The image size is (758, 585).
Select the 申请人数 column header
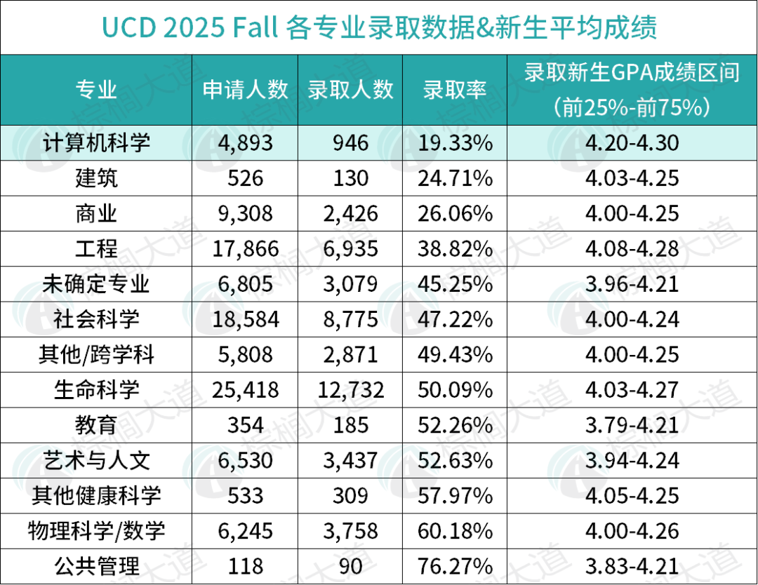click(245, 90)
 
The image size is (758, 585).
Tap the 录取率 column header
click(455, 90)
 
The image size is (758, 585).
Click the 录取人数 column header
click(350, 90)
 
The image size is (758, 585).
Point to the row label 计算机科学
click(96, 143)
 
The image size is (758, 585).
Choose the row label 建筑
click(96, 178)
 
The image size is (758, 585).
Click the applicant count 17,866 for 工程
click(245, 248)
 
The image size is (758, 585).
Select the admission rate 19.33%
click(455, 143)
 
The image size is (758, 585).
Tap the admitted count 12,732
click(350, 389)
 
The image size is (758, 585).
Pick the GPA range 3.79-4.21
click(632, 424)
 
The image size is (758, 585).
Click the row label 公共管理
click(96, 565)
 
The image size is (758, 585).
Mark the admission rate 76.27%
click(455, 565)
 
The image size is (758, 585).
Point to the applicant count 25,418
click(245, 389)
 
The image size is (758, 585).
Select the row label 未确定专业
click(96, 283)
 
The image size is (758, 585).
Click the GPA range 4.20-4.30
click(632, 143)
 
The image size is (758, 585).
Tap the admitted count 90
click(350, 565)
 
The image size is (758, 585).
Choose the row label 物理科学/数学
click(96, 530)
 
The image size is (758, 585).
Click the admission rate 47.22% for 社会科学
click(455, 319)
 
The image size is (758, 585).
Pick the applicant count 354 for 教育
click(245, 424)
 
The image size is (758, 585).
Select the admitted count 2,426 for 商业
click(350, 213)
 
